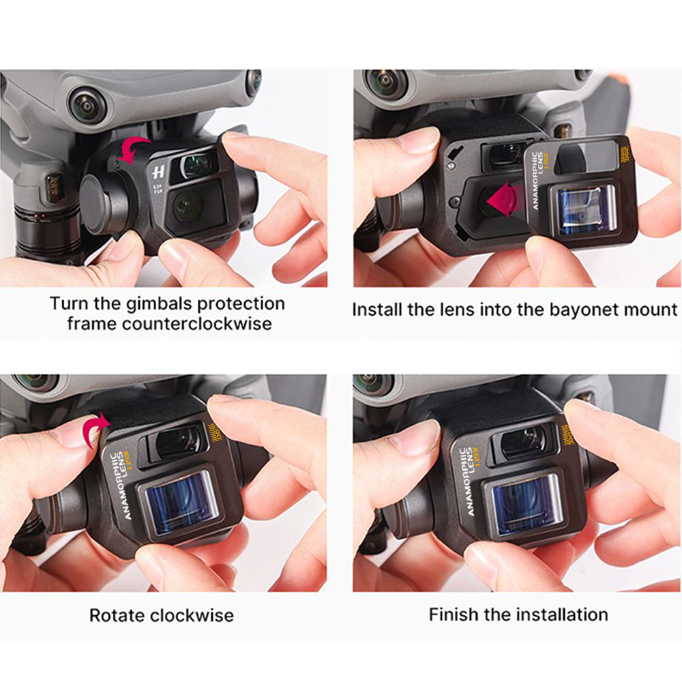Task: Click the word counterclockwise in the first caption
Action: tap(196, 323)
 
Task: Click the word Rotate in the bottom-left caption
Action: tap(117, 615)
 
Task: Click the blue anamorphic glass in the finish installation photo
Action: tap(527, 505)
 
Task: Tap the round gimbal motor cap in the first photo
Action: tap(103, 203)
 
